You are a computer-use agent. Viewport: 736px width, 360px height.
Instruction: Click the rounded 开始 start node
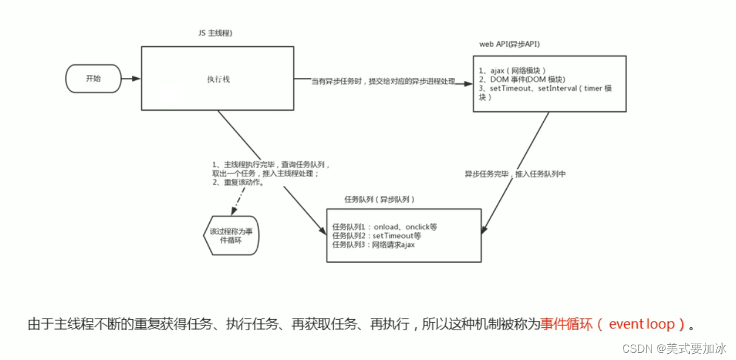point(93,78)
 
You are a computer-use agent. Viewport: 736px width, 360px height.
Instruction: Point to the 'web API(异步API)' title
point(510,44)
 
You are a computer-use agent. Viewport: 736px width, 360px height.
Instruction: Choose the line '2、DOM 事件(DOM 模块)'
point(522,79)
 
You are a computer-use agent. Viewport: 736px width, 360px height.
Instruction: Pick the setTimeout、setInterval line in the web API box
point(544,88)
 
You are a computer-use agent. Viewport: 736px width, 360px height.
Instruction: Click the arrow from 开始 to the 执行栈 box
point(131,78)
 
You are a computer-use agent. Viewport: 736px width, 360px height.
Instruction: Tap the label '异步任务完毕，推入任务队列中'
point(515,174)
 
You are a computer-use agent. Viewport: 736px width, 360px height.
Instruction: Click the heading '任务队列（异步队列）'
point(380,199)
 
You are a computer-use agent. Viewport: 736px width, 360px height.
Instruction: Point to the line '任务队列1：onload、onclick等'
point(384,227)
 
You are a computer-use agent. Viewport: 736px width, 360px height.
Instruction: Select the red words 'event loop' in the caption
point(641,324)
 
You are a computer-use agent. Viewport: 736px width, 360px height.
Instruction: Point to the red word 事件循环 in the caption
point(564,324)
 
